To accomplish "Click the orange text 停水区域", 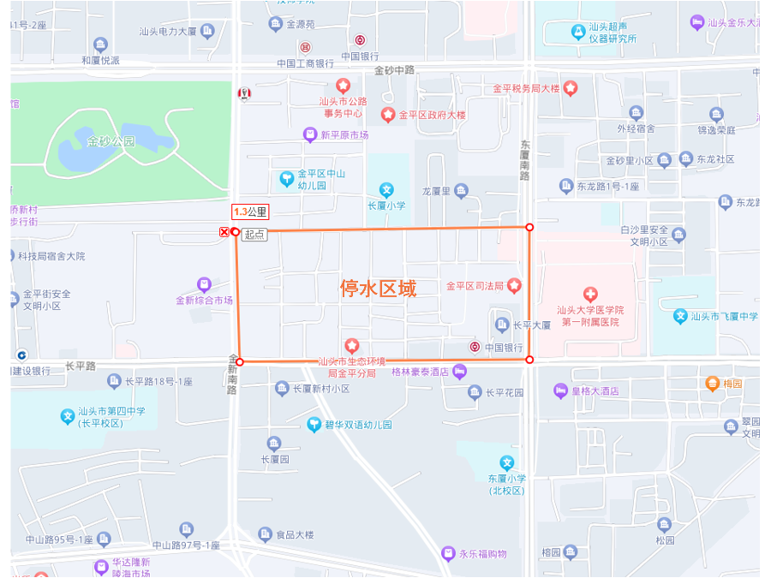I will click(378, 289).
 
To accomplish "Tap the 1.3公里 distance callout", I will click(250, 212).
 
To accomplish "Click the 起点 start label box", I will click(254, 234).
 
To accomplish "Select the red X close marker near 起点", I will click(224, 232).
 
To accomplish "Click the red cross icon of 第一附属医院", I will click(590, 295).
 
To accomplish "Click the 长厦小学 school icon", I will click(386, 190).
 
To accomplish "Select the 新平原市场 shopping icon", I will click(310, 134).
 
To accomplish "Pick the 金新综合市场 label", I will click(204, 301).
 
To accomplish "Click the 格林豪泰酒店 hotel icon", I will click(460, 371).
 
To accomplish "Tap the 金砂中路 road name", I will click(394, 70).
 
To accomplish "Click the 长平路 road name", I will click(81, 366).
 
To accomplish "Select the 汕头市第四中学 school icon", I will click(68, 417).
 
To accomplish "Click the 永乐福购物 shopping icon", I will click(447, 553).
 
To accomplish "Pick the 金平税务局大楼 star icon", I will click(570, 88).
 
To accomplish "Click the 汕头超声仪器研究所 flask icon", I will click(578, 32).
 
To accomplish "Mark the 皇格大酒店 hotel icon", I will click(561, 391).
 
